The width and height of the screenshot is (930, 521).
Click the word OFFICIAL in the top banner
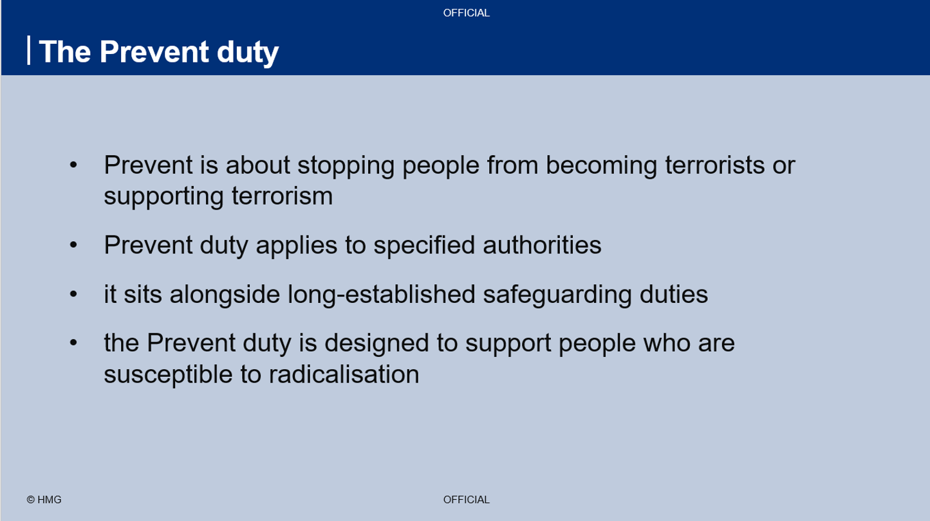click(466, 13)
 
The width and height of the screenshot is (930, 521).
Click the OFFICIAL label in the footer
click(466, 499)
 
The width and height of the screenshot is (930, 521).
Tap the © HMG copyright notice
click(44, 499)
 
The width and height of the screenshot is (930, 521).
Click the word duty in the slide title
click(247, 52)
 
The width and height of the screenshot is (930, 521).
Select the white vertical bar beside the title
click(29, 50)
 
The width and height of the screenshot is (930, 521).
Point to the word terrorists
click(714, 165)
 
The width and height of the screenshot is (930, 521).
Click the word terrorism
click(283, 196)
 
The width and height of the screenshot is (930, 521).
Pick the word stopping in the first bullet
click(346, 166)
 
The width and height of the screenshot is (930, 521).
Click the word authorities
click(542, 244)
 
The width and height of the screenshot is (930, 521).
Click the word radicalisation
click(344, 374)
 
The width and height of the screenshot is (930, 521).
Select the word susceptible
click(169, 375)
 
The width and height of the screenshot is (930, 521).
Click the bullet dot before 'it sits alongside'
click(73, 295)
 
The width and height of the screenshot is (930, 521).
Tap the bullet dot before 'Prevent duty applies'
click(73, 244)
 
